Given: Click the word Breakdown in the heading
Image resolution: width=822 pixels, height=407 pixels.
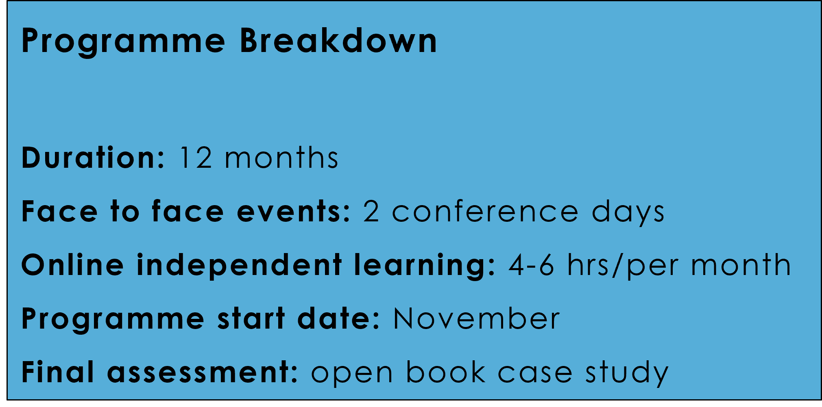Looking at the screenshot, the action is [x=338, y=41].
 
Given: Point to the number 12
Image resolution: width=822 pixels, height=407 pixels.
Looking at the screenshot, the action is [x=196, y=158].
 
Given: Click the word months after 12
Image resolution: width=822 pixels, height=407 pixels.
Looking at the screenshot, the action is [x=281, y=158].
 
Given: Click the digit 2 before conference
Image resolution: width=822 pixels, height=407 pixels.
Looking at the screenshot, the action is [x=371, y=211].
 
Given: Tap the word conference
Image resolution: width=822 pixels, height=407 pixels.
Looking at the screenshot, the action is [x=485, y=211].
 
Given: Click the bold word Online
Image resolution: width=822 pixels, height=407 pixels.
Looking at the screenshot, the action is [x=72, y=265].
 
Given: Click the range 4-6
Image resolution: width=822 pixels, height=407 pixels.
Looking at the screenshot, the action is [x=531, y=265].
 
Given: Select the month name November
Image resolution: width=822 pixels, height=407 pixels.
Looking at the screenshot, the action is [x=476, y=319].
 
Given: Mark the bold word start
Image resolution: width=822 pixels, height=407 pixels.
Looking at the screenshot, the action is [x=251, y=319].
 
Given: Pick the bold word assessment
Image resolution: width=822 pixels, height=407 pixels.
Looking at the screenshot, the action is [x=203, y=372].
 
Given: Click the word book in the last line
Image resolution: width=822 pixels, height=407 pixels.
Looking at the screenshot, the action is [x=446, y=372].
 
